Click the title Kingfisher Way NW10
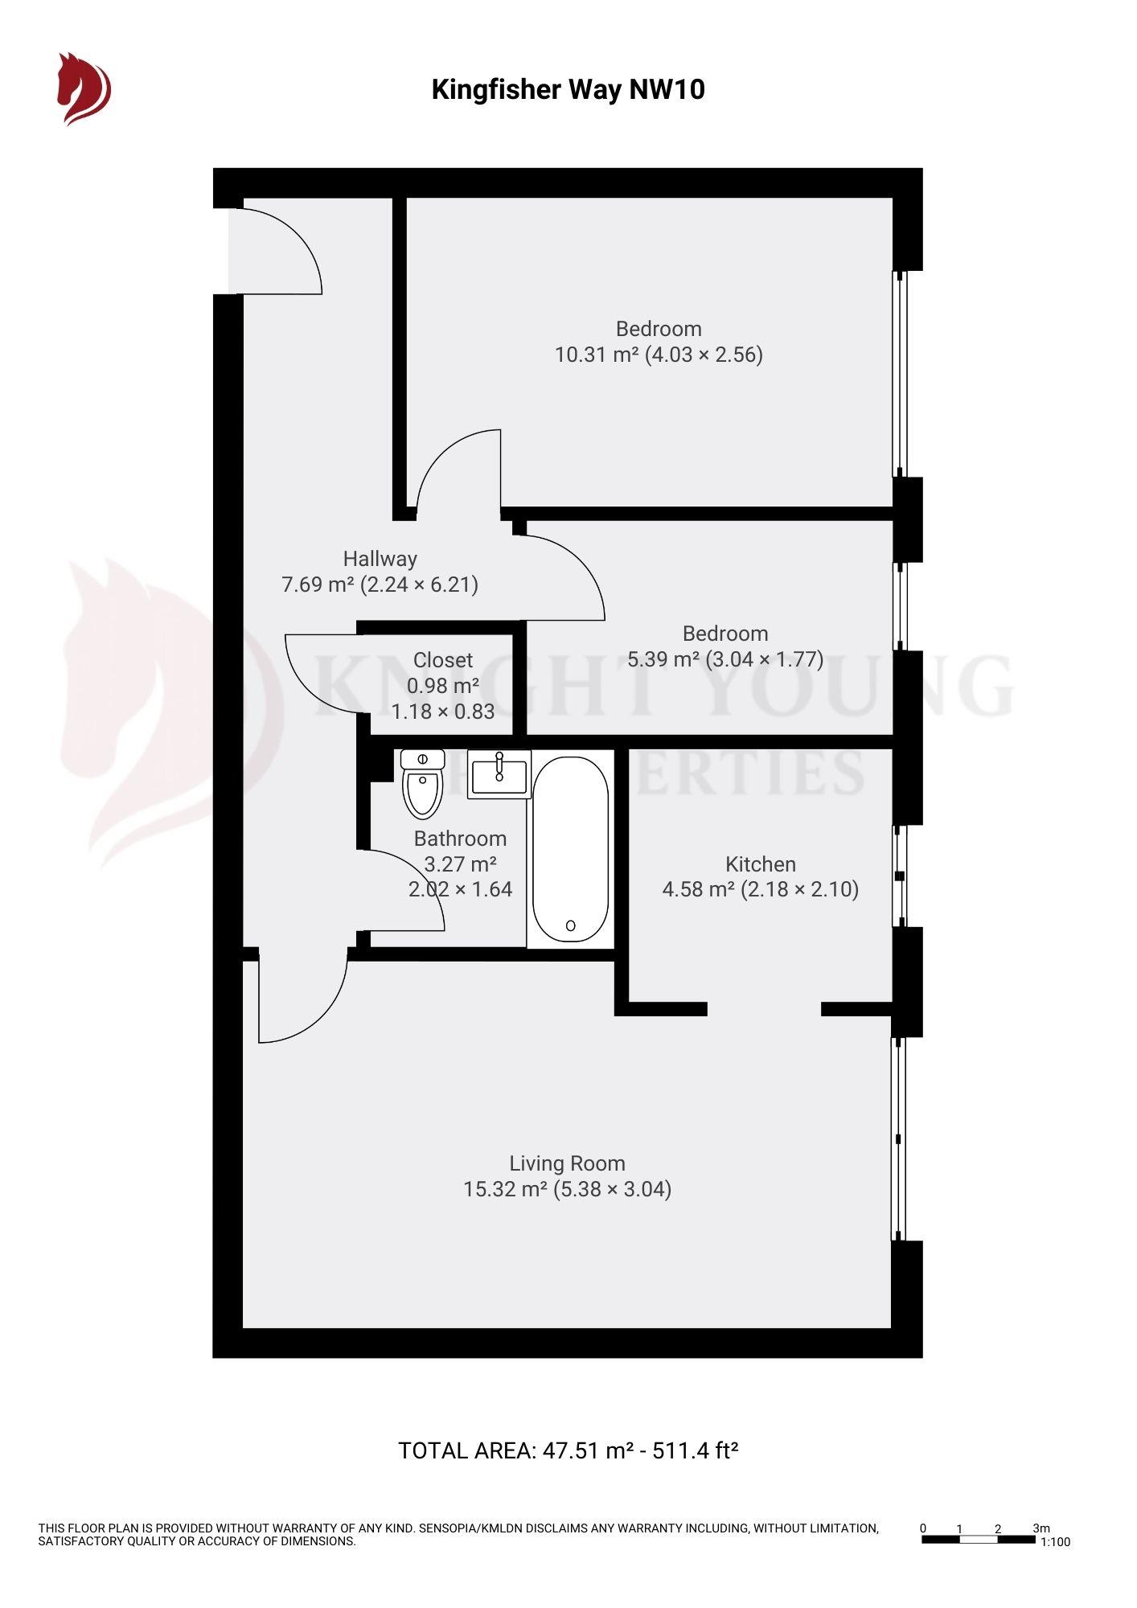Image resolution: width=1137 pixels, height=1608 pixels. (x=568, y=89)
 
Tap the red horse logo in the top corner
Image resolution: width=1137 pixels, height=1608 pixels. (x=83, y=88)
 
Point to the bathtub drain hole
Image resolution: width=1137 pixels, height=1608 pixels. (x=570, y=925)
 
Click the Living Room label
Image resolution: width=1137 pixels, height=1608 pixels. (x=567, y=1163)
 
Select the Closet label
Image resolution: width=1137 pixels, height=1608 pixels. (x=442, y=660)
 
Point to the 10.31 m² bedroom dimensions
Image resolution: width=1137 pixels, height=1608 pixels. (x=659, y=355)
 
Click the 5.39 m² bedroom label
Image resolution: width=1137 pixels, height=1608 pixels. (x=724, y=634)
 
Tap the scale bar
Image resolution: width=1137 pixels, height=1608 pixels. (x=978, y=1540)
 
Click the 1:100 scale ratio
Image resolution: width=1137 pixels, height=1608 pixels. (x=1055, y=1542)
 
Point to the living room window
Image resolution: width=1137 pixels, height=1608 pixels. (x=899, y=1138)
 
